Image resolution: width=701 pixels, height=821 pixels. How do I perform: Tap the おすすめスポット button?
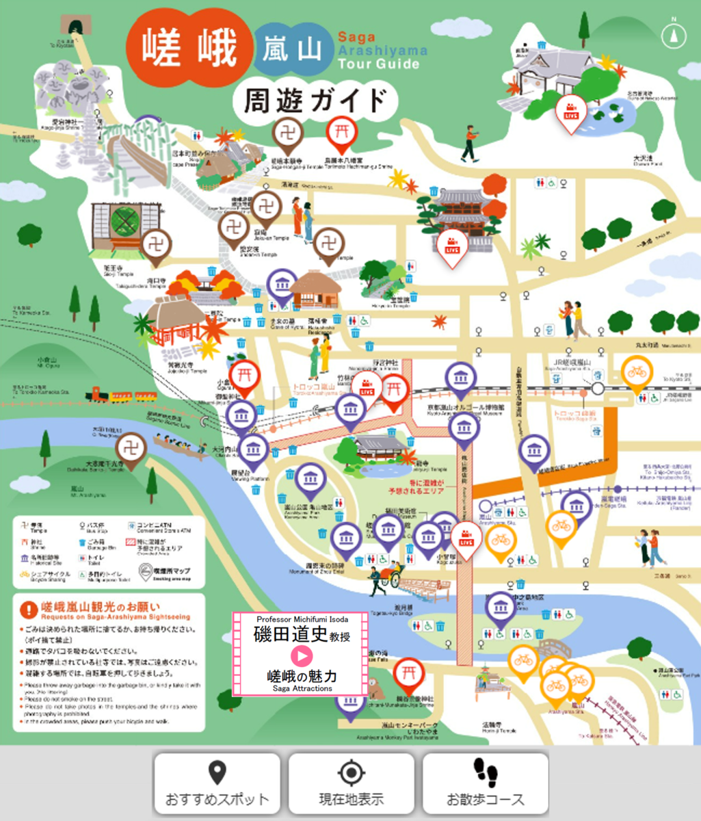point(217,784)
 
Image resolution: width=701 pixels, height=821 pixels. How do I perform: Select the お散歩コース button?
point(486,784)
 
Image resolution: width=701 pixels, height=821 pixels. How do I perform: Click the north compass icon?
point(674,34)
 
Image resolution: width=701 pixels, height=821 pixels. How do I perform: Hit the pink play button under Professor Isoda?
point(301,655)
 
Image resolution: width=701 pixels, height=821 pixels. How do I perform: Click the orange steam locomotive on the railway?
point(97,395)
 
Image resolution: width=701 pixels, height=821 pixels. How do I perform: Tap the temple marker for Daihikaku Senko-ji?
point(131,449)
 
